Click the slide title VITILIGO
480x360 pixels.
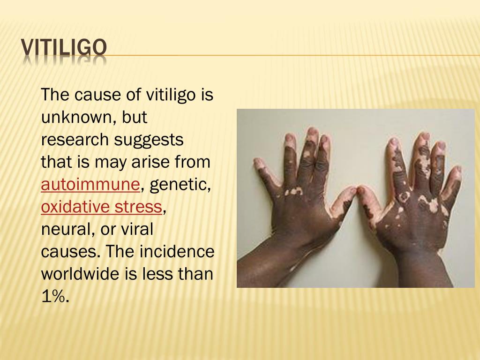click(64, 48)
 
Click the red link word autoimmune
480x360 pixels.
click(90, 184)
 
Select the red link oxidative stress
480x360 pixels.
click(101, 206)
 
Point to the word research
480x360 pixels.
click(75, 139)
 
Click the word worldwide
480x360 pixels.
click(80, 273)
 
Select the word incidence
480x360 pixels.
click(177, 251)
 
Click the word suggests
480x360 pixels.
click(149, 140)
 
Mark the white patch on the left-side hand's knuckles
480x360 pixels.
click(293, 192)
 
